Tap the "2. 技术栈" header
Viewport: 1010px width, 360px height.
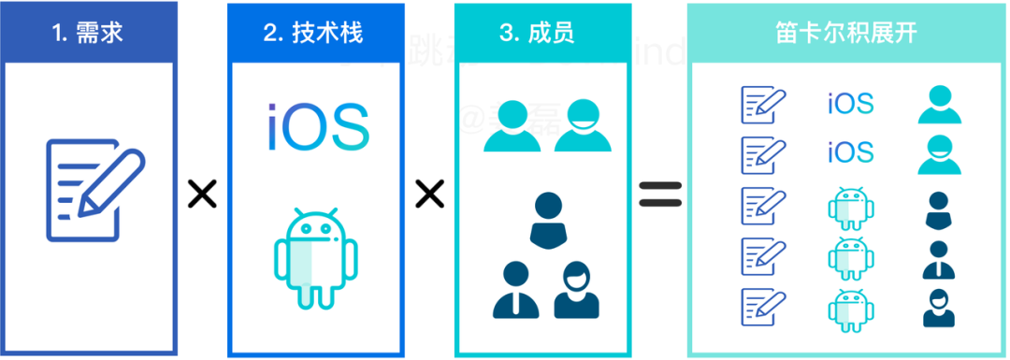pyautogui.click(x=313, y=35)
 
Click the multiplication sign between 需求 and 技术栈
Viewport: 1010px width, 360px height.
pyautogui.click(x=202, y=194)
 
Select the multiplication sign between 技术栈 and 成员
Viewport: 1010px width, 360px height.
pyautogui.click(x=428, y=194)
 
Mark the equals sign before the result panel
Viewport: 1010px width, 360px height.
pyautogui.click(x=660, y=194)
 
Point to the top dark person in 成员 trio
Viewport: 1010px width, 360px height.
pyautogui.click(x=547, y=220)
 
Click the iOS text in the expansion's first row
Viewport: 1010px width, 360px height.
pyautogui.click(x=850, y=104)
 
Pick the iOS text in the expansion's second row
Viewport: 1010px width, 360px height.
pyautogui.click(x=850, y=151)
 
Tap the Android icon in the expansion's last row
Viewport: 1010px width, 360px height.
pyautogui.click(x=850, y=309)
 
